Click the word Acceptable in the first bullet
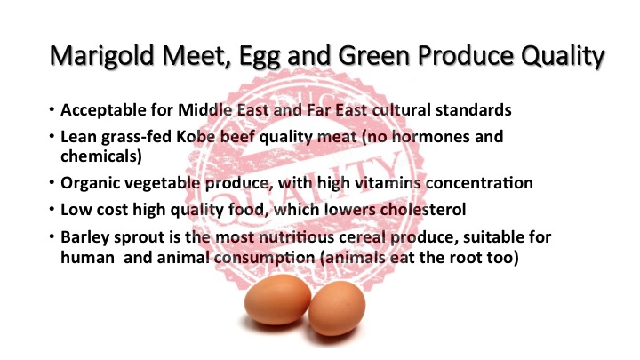(100, 113)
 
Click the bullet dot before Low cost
(52, 211)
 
